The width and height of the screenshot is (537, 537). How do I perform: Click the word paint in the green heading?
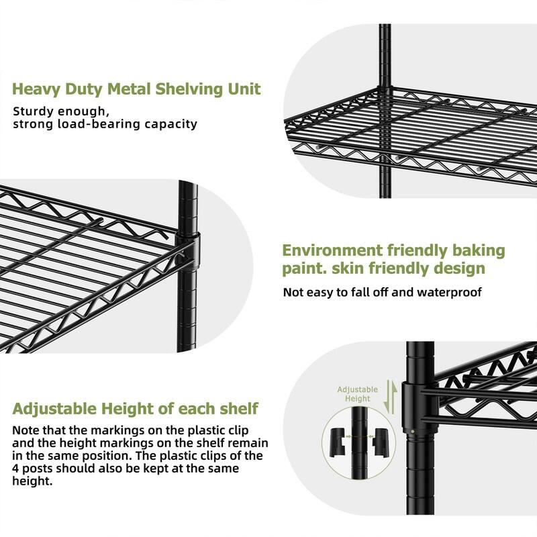303,269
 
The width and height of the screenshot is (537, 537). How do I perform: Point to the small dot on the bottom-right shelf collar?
422,430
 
